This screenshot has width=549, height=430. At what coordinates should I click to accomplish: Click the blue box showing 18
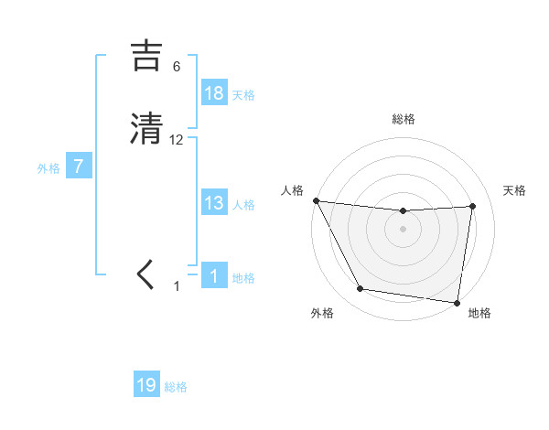coord(214,93)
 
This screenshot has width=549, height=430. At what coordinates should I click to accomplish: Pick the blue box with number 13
coord(214,203)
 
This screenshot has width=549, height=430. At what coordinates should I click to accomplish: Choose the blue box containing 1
coord(214,276)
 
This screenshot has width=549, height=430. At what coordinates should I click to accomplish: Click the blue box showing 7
coord(79,167)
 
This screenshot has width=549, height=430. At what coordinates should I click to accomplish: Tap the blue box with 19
coord(146,385)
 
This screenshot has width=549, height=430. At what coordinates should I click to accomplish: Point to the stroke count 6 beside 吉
coord(177,66)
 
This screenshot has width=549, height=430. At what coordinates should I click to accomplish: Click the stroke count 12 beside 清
coord(177,139)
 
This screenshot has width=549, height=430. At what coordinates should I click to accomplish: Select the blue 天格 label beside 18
coord(243,94)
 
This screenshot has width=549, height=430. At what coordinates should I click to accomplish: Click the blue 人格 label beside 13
coord(243,204)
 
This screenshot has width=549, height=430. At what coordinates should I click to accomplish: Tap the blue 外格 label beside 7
coord(48,167)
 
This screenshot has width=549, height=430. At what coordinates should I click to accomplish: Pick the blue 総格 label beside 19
coord(176,386)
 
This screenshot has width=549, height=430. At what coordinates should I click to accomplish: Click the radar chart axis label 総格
coord(403,119)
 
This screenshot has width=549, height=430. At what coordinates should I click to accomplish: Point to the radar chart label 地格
coord(479,313)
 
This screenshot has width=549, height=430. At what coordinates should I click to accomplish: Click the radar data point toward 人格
coord(316,200)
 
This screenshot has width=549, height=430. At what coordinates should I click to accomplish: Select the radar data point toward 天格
coord(472,206)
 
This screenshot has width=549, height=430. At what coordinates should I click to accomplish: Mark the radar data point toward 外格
coord(360,289)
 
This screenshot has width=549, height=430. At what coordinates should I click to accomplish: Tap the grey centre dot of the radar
coord(403,229)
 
